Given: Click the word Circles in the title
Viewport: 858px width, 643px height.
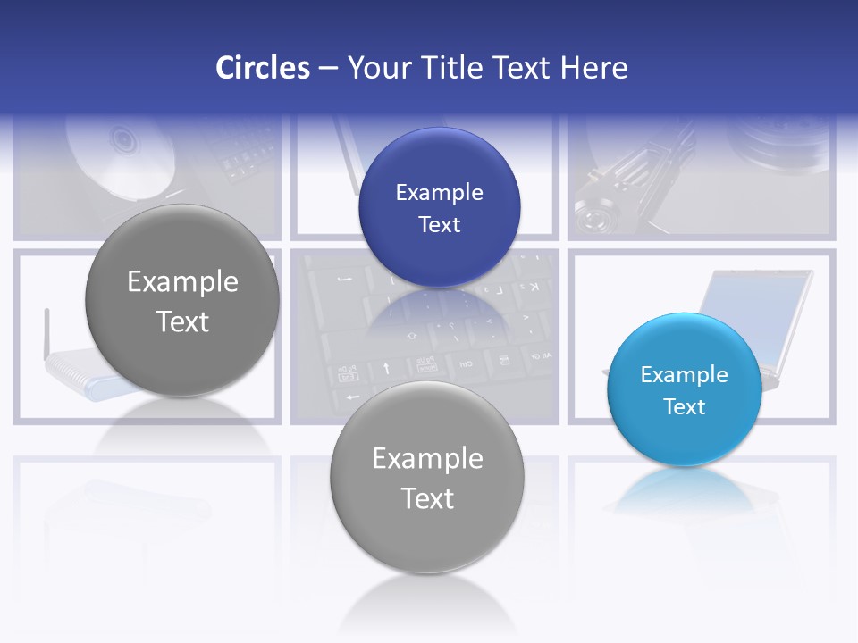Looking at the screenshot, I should (x=262, y=68).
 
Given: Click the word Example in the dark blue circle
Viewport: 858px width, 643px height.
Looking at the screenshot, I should (x=439, y=192).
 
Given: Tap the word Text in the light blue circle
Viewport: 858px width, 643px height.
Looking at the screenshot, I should (x=685, y=407).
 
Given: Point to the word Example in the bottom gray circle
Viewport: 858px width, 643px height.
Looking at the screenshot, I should (x=427, y=458).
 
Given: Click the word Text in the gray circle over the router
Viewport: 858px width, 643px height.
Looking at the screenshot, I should (x=182, y=321).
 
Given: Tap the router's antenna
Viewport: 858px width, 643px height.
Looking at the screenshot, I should (x=46, y=330).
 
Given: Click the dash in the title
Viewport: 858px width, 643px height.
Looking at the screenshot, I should (x=328, y=68).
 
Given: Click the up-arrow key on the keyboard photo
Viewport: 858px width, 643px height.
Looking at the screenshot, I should (x=386, y=367).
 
